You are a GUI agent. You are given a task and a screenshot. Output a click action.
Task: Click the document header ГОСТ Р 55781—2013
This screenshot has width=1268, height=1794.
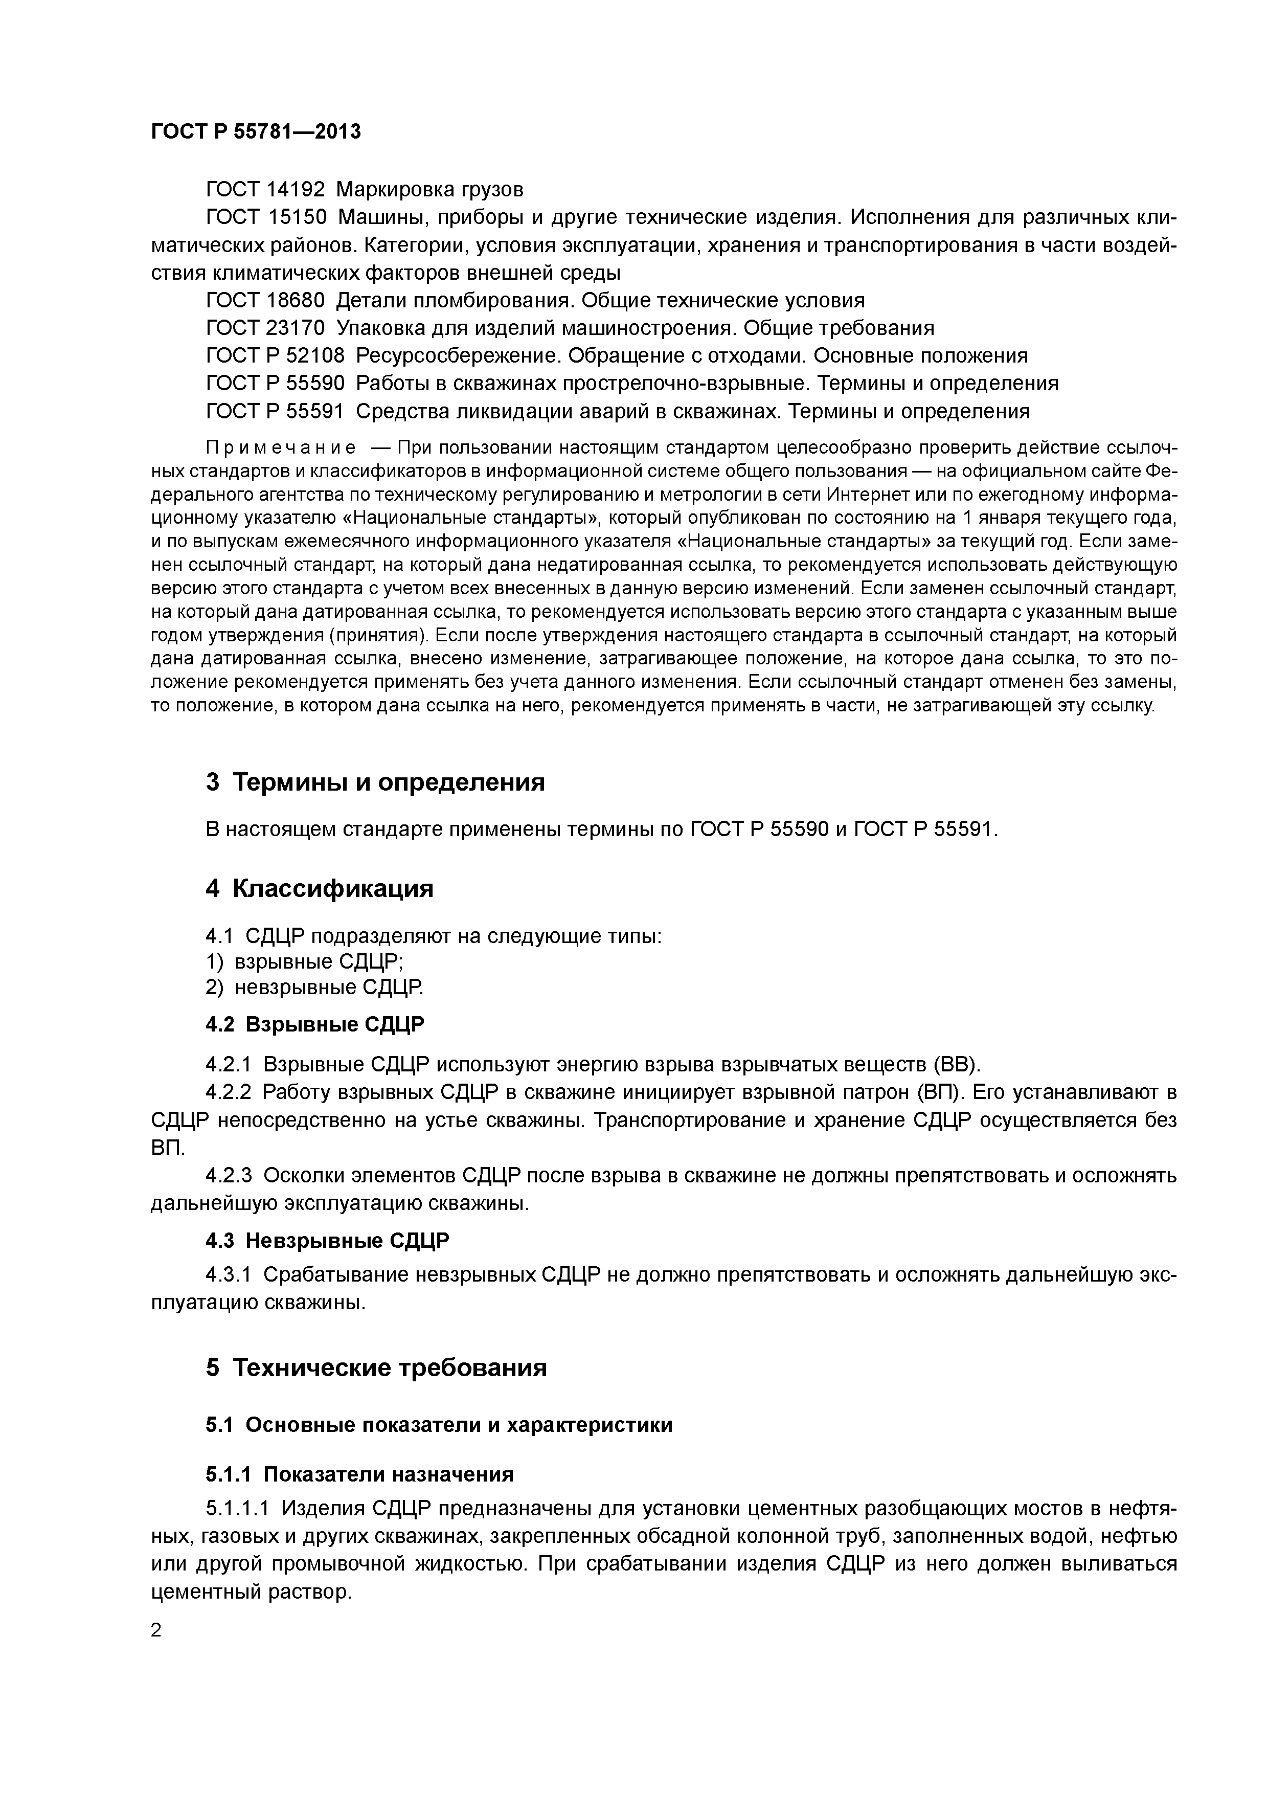pyautogui.click(x=256, y=131)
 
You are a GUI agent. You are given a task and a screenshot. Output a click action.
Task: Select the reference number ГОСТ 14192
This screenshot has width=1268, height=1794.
pyautogui.click(x=265, y=190)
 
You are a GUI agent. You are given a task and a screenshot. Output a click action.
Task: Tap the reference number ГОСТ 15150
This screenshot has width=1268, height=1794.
pyautogui.click(x=265, y=217)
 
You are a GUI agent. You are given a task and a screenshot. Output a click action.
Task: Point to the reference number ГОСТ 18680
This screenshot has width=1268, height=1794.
pyautogui.click(x=265, y=301)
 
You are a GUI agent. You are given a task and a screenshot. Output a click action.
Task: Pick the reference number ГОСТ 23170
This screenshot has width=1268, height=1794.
pyautogui.click(x=265, y=328)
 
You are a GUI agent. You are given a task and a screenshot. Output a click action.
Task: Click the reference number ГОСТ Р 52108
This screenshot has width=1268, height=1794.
pyautogui.click(x=275, y=356)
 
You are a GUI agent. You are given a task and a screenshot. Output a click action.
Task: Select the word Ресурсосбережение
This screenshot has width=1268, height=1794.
pyautogui.click(x=459, y=356)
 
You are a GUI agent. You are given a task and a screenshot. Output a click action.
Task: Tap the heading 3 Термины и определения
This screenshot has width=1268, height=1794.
pyautogui.click(x=375, y=782)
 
